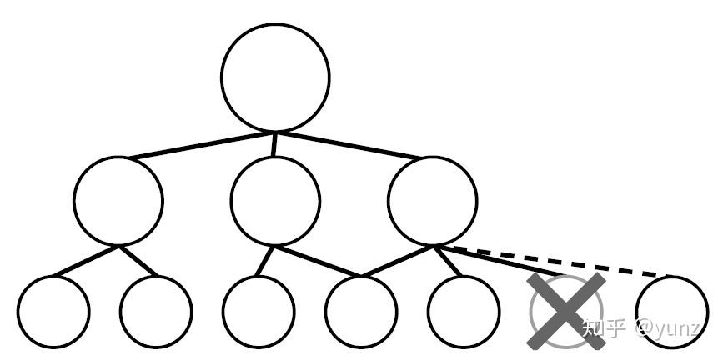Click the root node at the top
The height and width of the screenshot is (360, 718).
coord(275,77)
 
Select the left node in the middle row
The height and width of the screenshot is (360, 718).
coord(118,201)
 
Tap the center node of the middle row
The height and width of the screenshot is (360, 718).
coord(275,201)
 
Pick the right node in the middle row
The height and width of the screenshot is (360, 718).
coord(433,201)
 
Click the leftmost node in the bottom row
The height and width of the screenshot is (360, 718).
coord(53,312)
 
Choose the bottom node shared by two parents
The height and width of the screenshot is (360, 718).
coord(361,312)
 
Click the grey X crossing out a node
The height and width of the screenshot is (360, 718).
coord(566,310)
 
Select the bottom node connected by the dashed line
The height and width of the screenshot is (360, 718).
coord(671,312)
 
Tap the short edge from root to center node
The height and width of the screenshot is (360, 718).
coord(274,143)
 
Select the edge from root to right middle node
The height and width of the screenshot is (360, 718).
coord(350,144)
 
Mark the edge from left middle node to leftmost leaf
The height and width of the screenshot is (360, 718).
coord(83,261)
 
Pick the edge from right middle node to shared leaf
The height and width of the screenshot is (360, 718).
coord(399,261)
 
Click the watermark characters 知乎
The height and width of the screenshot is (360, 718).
coord(603,327)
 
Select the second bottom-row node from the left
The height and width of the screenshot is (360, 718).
coord(156,312)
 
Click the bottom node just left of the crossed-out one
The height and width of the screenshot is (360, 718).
coord(464,312)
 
